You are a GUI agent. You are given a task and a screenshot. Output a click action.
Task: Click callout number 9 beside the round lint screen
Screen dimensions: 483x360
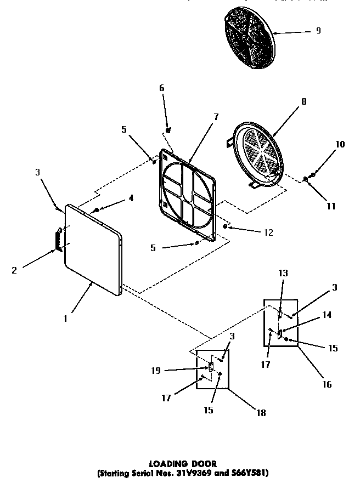(x=318, y=31)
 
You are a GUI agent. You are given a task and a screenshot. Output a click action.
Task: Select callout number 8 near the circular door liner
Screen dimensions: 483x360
(x=303, y=101)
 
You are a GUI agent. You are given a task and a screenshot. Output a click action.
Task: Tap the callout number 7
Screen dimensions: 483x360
(x=216, y=117)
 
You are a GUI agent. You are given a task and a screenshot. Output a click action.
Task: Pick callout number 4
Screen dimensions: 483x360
(x=131, y=198)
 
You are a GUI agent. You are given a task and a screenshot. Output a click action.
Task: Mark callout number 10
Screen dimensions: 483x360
(x=340, y=145)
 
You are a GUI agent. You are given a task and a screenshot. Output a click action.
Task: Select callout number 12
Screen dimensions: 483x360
(x=268, y=232)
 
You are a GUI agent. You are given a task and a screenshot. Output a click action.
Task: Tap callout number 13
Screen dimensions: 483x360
(x=283, y=274)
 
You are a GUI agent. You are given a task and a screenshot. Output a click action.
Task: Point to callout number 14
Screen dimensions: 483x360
(x=327, y=315)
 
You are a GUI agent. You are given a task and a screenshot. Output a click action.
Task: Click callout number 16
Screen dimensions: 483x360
(x=327, y=384)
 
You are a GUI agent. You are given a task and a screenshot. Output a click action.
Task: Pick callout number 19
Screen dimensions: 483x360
(x=156, y=371)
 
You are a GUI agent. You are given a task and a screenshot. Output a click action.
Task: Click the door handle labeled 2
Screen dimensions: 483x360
(x=57, y=241)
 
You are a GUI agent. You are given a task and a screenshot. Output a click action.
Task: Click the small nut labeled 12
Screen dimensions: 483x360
(x=226, y=226)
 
